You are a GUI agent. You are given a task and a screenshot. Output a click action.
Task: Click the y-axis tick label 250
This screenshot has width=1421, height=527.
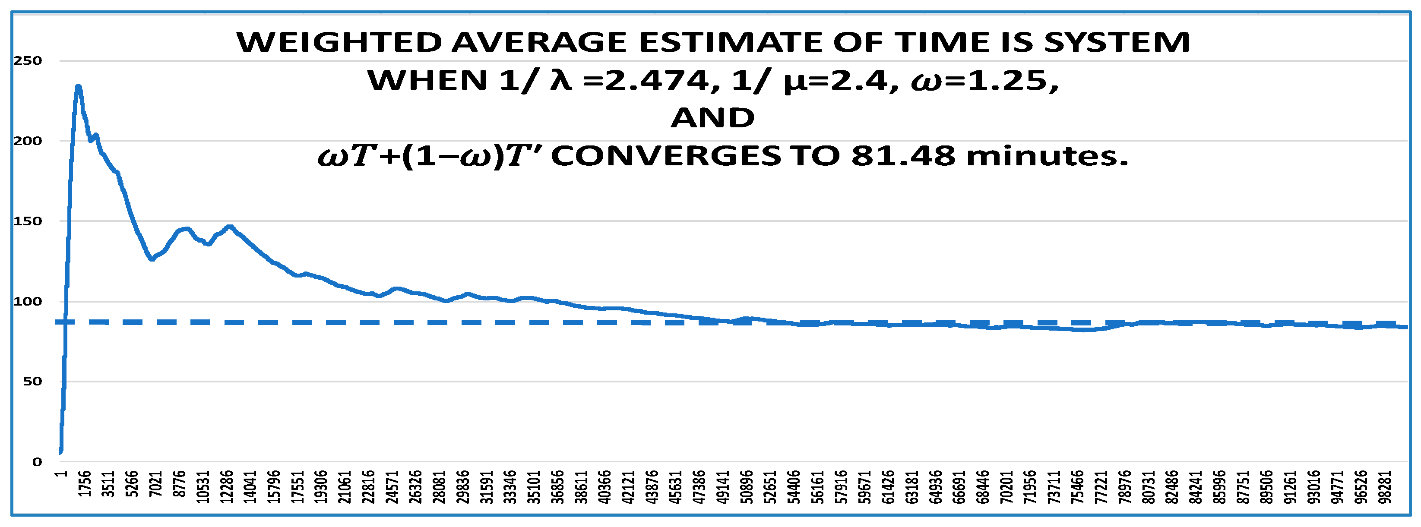coord(28,60)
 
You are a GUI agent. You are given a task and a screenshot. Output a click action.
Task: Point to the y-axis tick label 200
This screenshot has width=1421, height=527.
coord(28,141)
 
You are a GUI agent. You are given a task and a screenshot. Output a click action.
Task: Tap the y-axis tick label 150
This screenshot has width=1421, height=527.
coord(28,221)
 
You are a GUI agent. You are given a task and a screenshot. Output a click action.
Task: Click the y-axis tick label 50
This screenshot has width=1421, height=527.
coord(32,382)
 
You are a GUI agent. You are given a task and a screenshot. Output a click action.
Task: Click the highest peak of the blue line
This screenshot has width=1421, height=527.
coord(78,87)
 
